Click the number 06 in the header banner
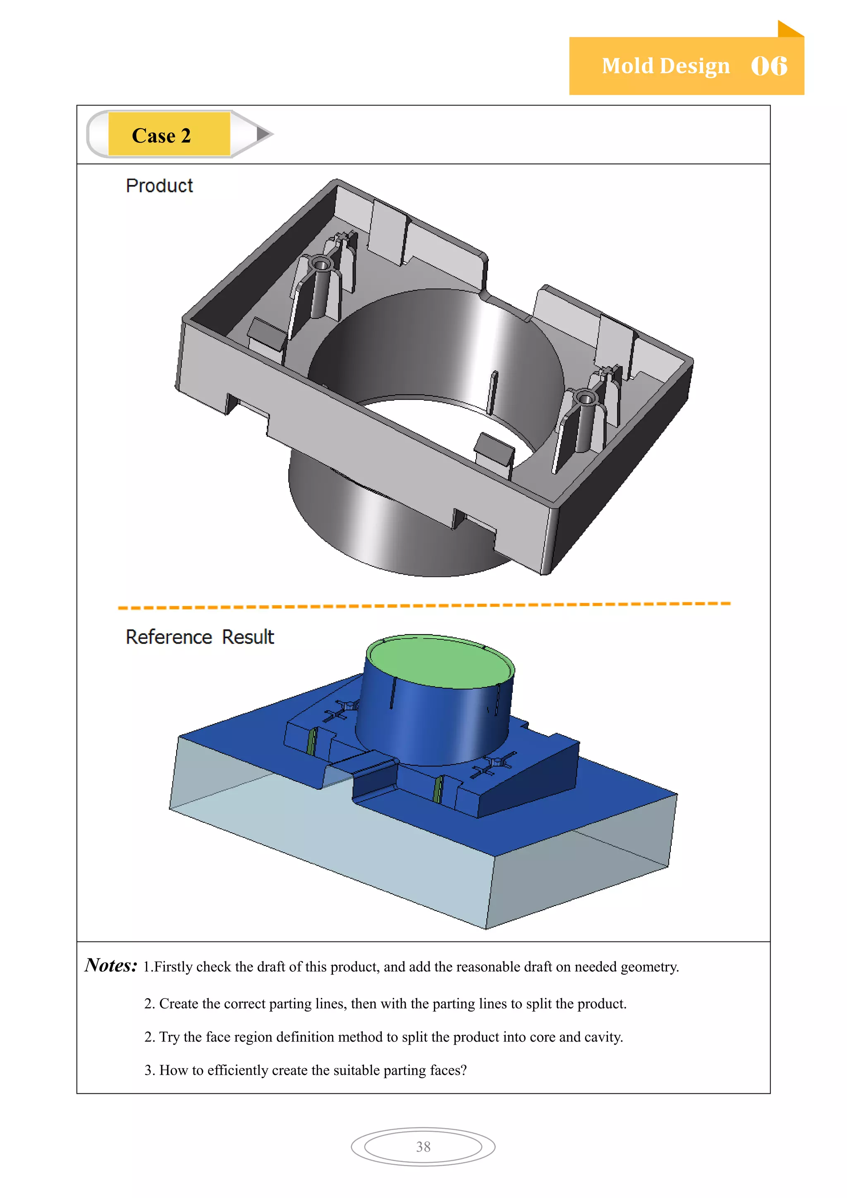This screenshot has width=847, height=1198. (769, 66)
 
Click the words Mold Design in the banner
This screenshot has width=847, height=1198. (665, 66)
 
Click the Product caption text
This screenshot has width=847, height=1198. (159, 185)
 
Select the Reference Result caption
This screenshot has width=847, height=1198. (199, 637)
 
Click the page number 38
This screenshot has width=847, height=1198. (423, 1146)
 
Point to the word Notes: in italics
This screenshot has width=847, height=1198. (111, 965)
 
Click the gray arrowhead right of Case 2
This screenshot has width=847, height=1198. (264, 134)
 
